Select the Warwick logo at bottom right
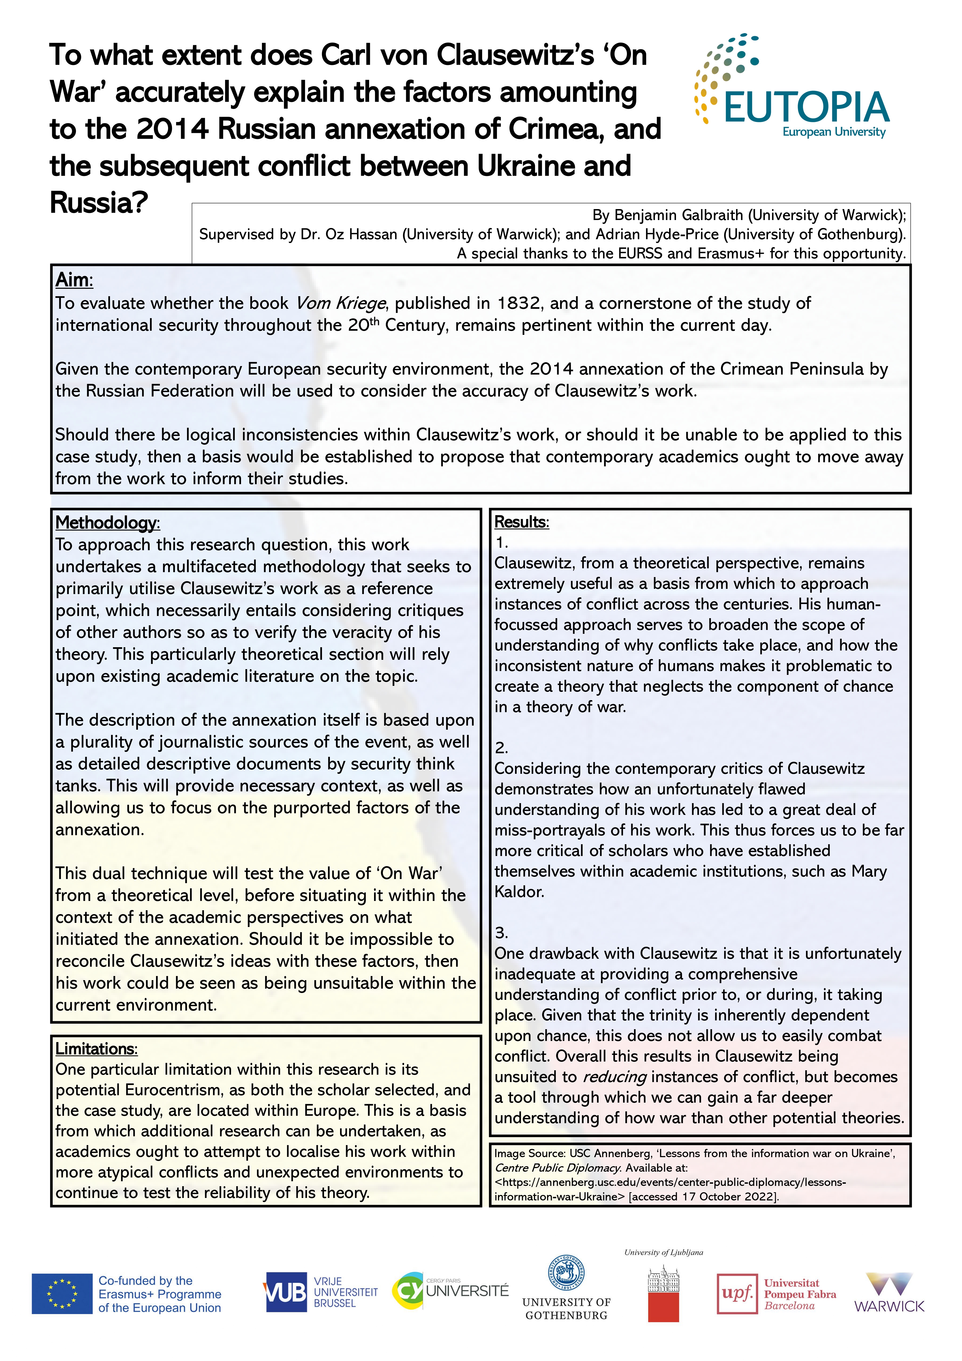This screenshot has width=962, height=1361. tap(889, 1293)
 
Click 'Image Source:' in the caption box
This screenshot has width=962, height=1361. tap(530, 1154)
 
